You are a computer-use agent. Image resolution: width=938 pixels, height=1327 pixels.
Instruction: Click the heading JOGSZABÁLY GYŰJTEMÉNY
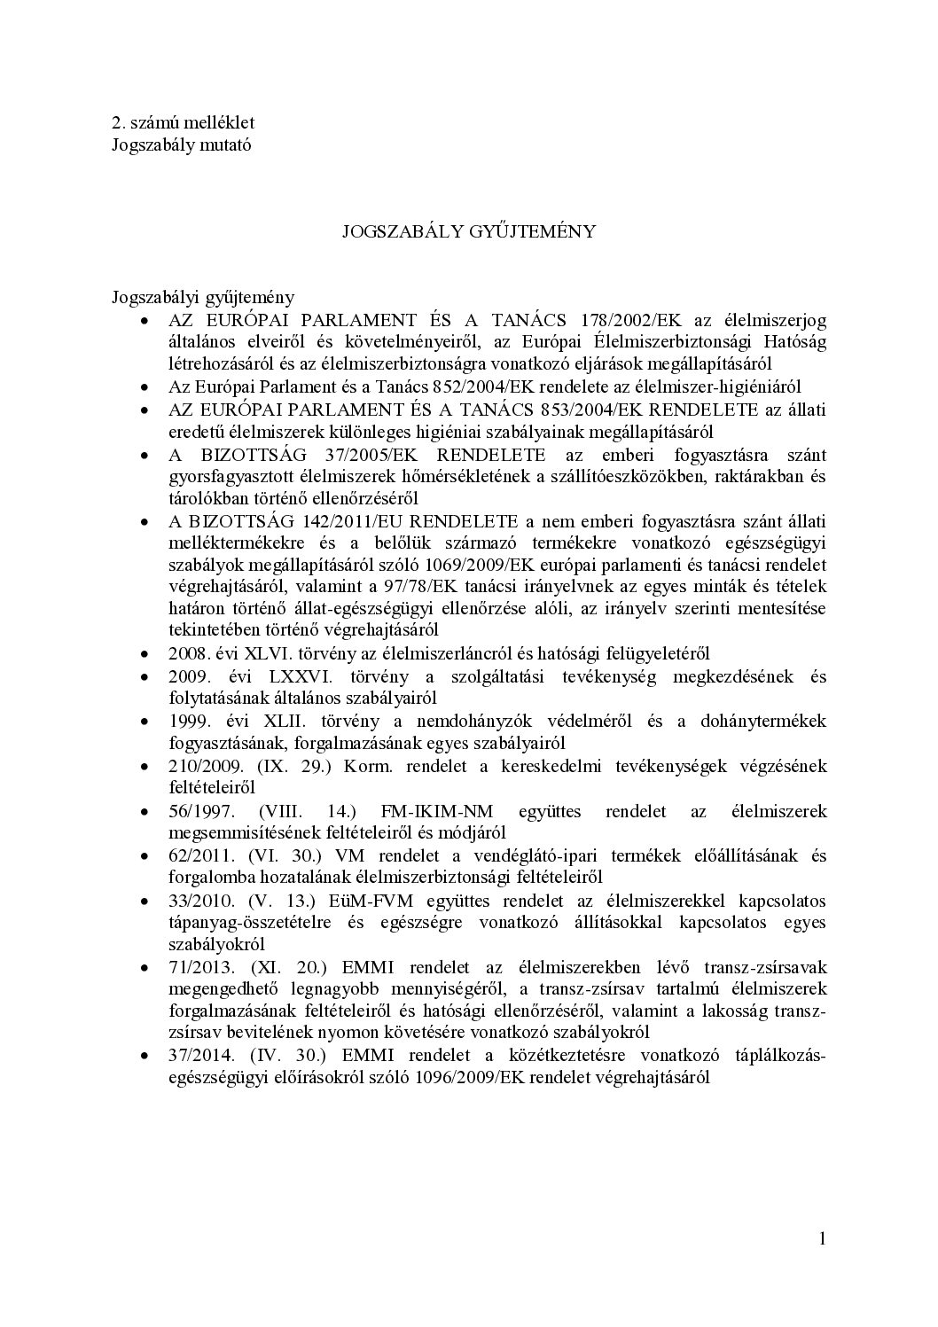(469, 231)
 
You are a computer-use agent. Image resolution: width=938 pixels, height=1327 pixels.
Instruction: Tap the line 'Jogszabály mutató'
(181, 144)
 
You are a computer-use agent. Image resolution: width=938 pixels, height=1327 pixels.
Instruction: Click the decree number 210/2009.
(203, 766)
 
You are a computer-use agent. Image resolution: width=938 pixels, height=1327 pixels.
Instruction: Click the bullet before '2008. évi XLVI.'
(145, 655)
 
